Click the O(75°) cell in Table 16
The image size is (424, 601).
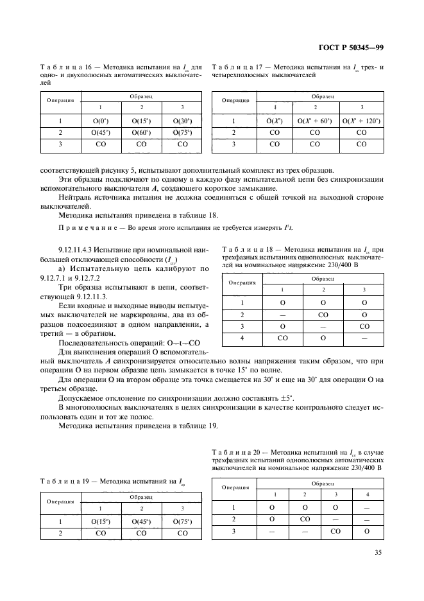point(182,133)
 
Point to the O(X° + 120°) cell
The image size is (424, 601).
point(361,121)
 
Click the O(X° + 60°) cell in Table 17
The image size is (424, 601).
point(315,121)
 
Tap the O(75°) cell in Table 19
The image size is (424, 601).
point(182,521)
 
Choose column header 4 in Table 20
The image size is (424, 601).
point(367,494)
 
